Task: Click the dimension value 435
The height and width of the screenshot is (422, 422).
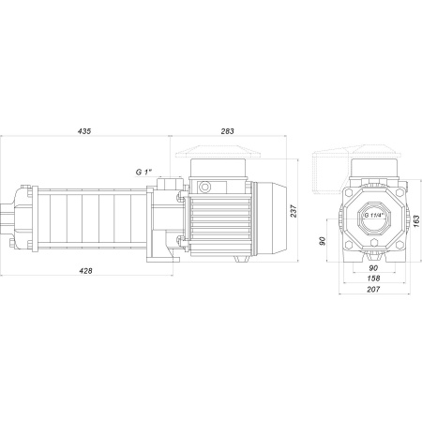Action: tap(84, 131)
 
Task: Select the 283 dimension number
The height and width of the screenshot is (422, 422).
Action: tap(227, 131)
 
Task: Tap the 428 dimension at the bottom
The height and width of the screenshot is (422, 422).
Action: tap(85, 271)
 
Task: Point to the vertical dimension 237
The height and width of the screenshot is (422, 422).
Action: tap(294, 211)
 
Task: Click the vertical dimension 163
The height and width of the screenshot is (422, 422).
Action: tap(415, 221)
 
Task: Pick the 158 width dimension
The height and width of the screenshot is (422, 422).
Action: tap(373, 278)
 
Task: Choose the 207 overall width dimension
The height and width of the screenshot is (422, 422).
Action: tap(373, 290)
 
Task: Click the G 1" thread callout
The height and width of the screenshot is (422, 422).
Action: tap(143, 172)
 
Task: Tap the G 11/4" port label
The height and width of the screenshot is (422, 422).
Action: tap(373, 216)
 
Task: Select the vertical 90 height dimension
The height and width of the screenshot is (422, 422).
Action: tap(322, 241)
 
